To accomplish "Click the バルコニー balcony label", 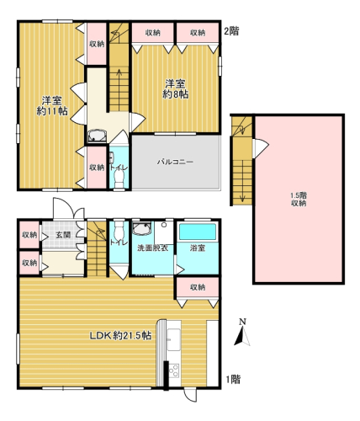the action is (x=175, y=162).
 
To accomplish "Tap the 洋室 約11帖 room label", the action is (x=52, y=106).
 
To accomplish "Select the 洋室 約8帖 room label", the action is (x=175, y=89).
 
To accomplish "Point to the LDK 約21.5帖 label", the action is (x=120, y=335).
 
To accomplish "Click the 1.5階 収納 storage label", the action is (x=299, y=199).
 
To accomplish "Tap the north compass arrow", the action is (x=242, y=335).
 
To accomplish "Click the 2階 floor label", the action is (x=231, y=31).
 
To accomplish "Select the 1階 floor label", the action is (x=233, y=380).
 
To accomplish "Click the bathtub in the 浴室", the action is (x=198, y=232).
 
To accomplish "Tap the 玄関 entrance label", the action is (x=63, y=234).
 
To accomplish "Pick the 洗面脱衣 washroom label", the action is (x=152, y=248).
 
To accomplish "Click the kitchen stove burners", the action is (x=174, y=370).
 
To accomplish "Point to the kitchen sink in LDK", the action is (x=174, y=339).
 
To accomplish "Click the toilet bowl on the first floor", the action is (x=119, y=231).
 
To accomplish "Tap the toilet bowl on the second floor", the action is (x=119, y=179).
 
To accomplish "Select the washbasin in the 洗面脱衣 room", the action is (x=141, y=229).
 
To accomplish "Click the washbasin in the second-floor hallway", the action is (x=97, y=136).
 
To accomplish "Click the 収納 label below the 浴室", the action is (x=198, y=287).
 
